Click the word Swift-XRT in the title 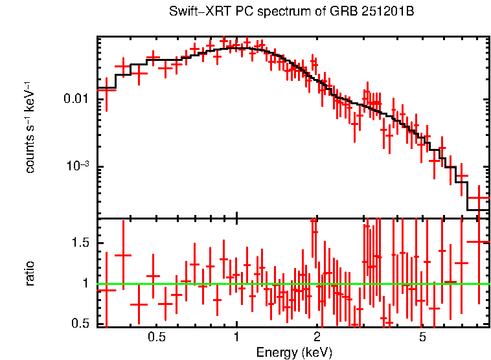[x=194, y=11]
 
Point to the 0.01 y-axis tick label [x=76, y=98]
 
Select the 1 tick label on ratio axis [x=84, y=283]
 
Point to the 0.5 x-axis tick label [x=157, y=337]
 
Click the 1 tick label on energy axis [x=236, y=337]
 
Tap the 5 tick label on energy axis [x=422, y=337]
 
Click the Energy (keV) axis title [x=294, y=352]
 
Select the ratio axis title [x=30, y=273]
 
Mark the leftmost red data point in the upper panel [x=106, y=89]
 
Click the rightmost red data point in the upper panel [x=479, y=198]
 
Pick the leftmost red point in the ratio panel [x=106, y=290]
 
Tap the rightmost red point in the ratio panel [x=479, y=242]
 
